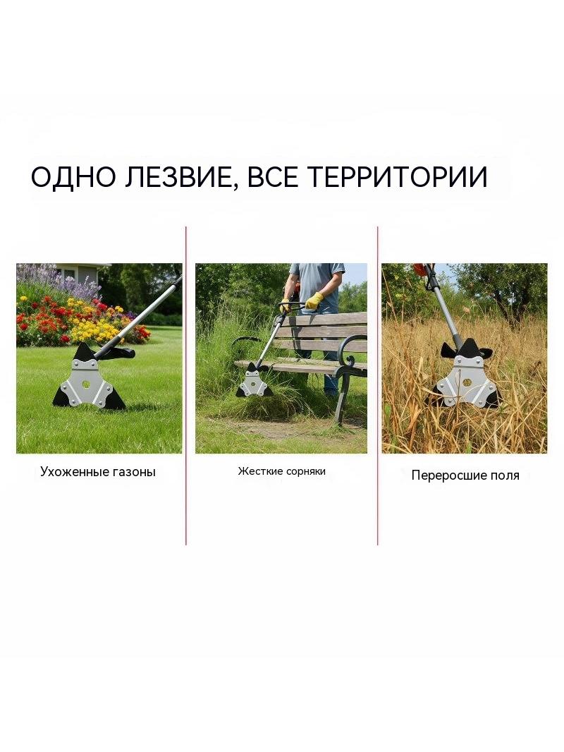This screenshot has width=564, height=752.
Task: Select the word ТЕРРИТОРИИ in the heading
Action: click(397, 176)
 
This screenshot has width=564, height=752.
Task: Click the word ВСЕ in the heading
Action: click(271, 176)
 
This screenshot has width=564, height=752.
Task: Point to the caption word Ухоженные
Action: click(75, 472)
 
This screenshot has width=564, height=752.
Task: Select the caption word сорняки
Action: click(305, 471)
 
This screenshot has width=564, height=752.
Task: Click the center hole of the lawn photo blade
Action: click(86, 384)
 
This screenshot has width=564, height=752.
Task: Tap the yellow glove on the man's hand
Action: click(314, 301)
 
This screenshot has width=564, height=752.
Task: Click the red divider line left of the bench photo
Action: click(186, 386)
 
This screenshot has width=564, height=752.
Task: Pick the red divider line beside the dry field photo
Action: click(378, 386)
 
